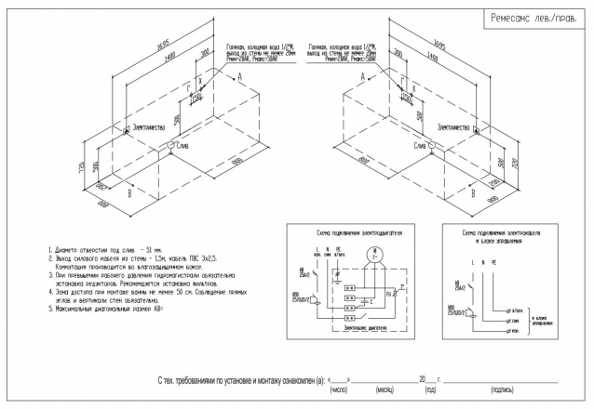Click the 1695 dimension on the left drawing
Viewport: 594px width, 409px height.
pyautogui.click(x=138, y=44)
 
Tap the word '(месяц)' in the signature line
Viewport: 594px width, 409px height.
pyautogui.click(x=381, y=389)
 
